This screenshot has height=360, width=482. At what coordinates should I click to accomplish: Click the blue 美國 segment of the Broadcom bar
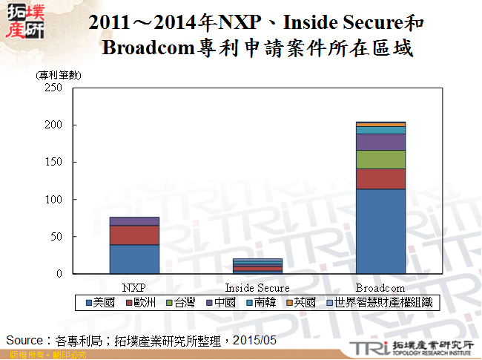click(380, 231)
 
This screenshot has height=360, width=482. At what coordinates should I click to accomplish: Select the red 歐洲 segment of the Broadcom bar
click(380, 179)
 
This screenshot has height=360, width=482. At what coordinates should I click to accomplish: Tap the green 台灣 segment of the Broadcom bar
click(380, 160)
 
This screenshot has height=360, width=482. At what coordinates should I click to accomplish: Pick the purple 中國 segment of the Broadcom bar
click(380, 142)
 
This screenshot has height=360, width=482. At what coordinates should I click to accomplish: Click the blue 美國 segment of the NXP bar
click(134, 259)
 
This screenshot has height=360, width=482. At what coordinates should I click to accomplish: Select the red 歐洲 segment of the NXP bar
click(134, 235)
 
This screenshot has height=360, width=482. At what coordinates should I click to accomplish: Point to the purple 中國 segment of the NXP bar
click(134, 221)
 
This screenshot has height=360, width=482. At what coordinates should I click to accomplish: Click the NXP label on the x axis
click(134, 287)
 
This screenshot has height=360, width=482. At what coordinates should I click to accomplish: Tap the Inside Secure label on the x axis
click(257, 287)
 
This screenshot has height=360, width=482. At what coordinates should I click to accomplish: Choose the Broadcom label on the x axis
click(380, 287)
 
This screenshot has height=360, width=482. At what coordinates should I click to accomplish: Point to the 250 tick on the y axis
click(53, 88)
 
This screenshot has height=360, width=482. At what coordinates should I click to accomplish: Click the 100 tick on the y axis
click(53, 200)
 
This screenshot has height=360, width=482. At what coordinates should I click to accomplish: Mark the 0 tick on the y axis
click(59, 274)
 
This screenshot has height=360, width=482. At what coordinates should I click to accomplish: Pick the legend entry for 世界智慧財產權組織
click(381, 303)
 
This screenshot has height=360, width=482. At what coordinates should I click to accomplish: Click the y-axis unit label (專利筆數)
click(59, 75)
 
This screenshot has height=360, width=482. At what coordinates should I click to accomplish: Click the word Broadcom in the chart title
click(148, 49)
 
